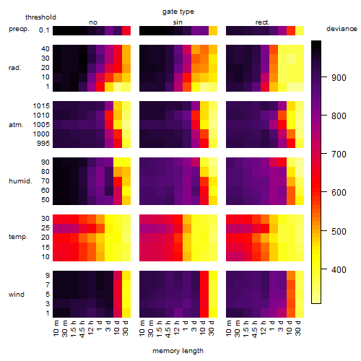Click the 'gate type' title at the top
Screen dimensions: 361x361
pos(178,12)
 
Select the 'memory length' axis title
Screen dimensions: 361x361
pos(178,351)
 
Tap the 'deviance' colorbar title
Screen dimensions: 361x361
pos(342,29)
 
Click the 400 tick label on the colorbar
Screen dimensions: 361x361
pos(339,269)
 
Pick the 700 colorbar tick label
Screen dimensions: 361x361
pos(339,154)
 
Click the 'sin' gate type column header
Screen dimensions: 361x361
pos(178,22)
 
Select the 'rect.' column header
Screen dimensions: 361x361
pos(262,22)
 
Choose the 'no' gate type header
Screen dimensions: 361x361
pos(93,22)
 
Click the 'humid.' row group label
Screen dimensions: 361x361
pos(20,180)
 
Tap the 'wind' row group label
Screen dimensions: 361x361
pos(17,294)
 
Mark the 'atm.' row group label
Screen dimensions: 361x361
pos(16,125)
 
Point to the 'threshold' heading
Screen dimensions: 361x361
pos(40,17)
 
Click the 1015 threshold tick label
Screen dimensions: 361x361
pos(41,105)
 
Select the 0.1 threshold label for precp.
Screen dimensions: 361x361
pos(44,30)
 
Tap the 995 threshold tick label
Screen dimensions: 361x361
pos(43,143)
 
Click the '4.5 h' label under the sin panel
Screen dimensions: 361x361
pos(168,329)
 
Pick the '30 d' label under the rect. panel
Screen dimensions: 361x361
pos(298,328)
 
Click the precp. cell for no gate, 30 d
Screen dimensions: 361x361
pos(126,30)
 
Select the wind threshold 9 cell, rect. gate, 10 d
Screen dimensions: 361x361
pos(291,275)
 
